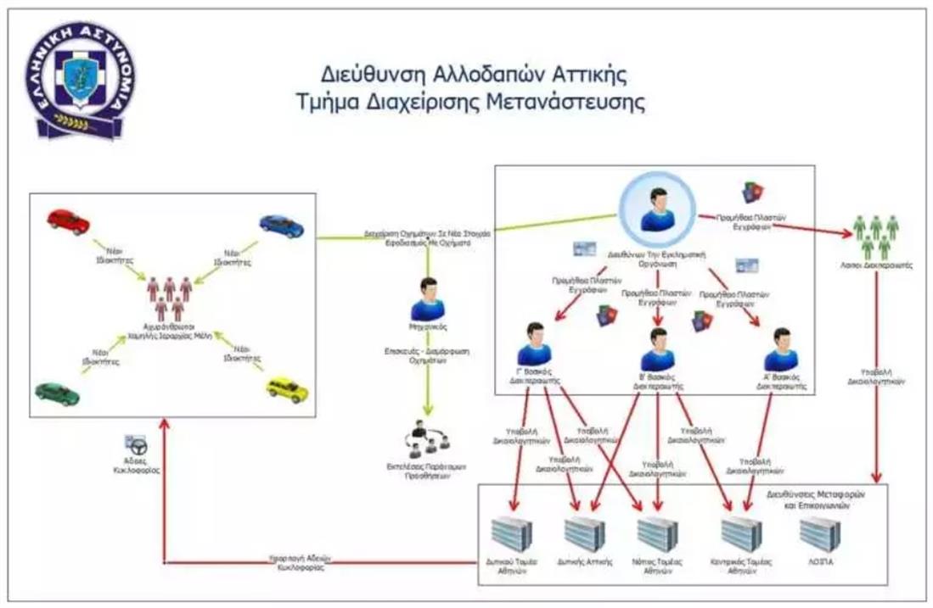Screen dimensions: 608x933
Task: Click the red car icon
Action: pos(68,221)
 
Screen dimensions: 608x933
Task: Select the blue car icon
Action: pos(281,225)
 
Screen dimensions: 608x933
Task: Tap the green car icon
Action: pos(57,393)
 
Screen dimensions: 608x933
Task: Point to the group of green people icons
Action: pos(875,235)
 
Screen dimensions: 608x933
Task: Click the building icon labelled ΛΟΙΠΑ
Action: pos(818,533)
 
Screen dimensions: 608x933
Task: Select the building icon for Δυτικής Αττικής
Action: pos(585,533)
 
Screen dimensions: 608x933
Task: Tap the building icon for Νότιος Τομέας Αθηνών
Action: pos(658,533)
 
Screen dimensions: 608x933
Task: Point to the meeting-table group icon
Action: pos(433,439)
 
